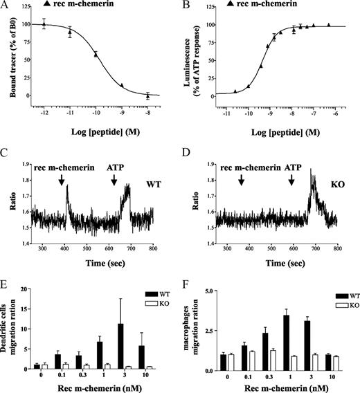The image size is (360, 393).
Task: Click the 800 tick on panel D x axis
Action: click(x=339, y=247)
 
